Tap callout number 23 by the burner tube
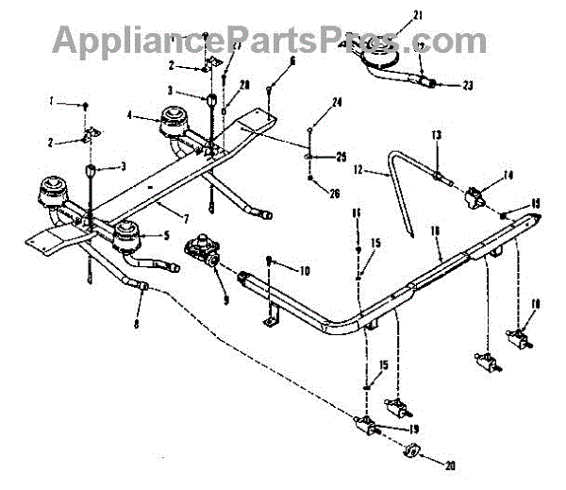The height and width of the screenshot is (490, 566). coord(468,85)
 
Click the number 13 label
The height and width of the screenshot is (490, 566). coord(436,136)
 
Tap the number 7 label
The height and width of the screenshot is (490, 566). coord(168,203)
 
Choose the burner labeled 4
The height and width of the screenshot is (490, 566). coord(174,123)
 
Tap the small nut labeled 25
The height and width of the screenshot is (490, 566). coord(309,155)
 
